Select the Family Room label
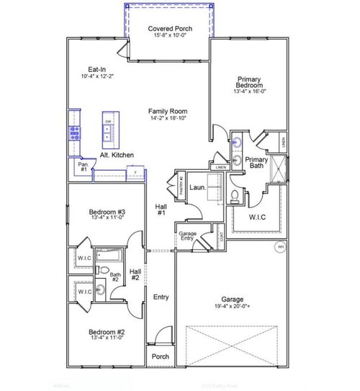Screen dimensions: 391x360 168,112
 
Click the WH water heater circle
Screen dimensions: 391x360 280,247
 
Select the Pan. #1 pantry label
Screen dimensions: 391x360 83,167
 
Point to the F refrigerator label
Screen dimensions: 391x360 135,172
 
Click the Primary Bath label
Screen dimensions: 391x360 256,163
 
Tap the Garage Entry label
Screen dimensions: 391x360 188,236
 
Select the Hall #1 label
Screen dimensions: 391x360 161,210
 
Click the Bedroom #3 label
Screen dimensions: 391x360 107,212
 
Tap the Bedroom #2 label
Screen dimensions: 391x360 107,333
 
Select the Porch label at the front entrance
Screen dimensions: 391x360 160,356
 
